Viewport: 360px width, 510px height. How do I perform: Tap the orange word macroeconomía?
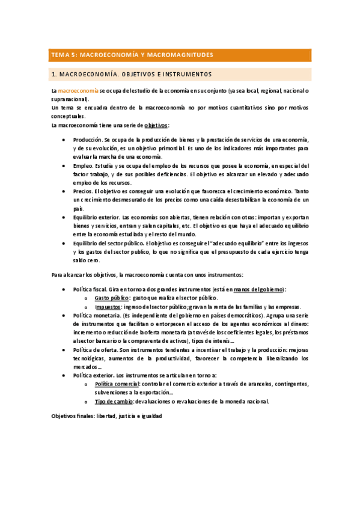pos(78,91)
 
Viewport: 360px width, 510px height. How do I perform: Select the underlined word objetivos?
pos(156,125)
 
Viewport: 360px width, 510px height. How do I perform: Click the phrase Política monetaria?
pos(95,315)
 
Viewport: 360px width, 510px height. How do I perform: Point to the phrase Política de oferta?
pos(96,349)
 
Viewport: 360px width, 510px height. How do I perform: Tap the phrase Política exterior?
pos(93,375)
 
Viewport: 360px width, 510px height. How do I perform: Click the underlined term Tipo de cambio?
pos(115,401)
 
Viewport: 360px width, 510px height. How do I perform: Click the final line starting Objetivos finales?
pos(106,416)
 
